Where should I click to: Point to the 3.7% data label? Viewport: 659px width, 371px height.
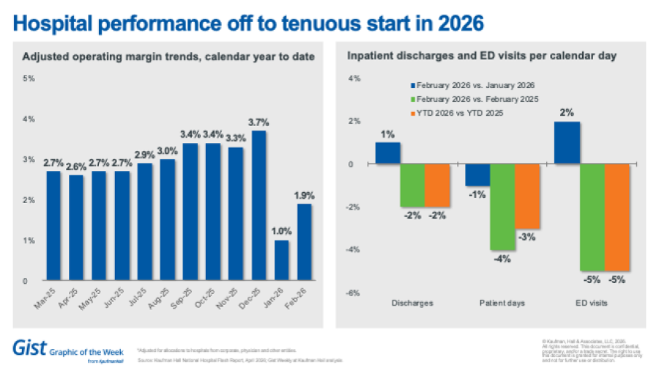(258, 123)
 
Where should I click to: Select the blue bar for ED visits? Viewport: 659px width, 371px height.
(567, 143)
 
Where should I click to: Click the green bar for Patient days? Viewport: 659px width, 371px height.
(502, 207)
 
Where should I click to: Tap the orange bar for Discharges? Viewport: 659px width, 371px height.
(437, 185)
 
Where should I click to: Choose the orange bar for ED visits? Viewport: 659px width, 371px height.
(617, 217)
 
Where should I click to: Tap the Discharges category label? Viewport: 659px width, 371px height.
(413, 302)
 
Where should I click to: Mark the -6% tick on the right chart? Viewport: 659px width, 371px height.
(352, 293)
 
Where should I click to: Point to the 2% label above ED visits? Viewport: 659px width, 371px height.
(567, 113)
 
